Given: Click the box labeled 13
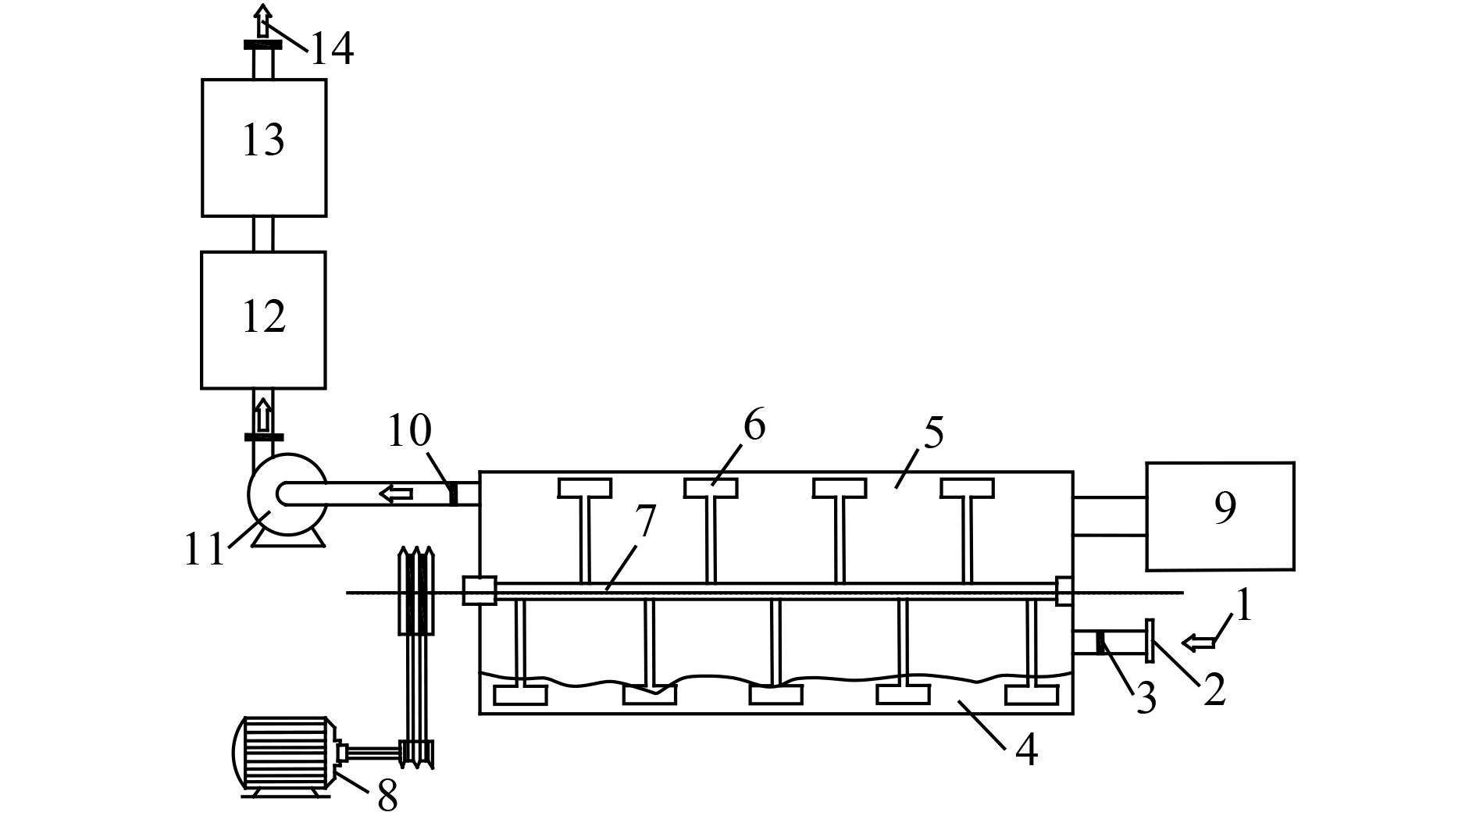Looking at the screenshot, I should click(x=264, y=148).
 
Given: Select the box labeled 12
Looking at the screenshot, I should click(x=264, y=319).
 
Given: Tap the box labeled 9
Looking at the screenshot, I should click(x=1220, y=516).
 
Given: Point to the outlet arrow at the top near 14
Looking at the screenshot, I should click(x=264, y=20).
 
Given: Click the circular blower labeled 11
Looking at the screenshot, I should click(x=287, y=493).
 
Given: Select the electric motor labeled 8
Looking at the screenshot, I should click(x=285, y=755).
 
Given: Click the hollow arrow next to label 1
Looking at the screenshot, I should click(x=1200, y=643).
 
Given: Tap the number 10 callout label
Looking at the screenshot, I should click(x=409, y=431).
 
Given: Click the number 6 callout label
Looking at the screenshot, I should click(x=754, y=426).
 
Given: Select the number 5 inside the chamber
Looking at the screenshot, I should click(x=932, y=432).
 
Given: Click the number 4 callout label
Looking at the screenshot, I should click(x=1026, y=750).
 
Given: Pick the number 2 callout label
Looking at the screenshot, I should click(x=1214, y=690).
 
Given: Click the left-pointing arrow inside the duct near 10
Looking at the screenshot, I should click(x=396, y=493).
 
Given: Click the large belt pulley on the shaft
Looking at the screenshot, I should click(x=415, y=590).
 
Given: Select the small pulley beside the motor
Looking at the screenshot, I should click(x=416, y=753).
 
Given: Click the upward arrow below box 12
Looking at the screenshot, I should click(x=264, y=414).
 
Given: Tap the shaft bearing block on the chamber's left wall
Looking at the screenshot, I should click(x=480, y=590).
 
